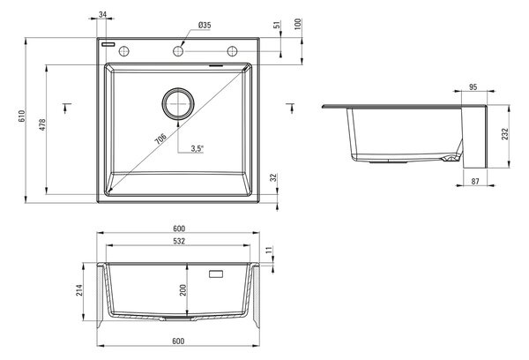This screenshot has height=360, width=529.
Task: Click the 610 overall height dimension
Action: click(21, 116)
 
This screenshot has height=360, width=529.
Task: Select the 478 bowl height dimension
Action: click(42, 124)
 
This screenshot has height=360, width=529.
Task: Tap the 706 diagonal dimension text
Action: click(160, 139)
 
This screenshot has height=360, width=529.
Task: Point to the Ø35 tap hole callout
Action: click(205, 25)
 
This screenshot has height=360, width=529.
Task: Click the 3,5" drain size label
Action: click(197, 148)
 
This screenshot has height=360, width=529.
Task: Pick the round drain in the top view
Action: click(178, 104)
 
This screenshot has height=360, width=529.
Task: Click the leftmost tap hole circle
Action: click(124, 51)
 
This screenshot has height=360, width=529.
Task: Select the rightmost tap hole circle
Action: click(232, 51)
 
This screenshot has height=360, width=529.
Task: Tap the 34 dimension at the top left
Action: click(103, 14)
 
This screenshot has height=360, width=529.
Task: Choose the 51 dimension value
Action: click(277, 25)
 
